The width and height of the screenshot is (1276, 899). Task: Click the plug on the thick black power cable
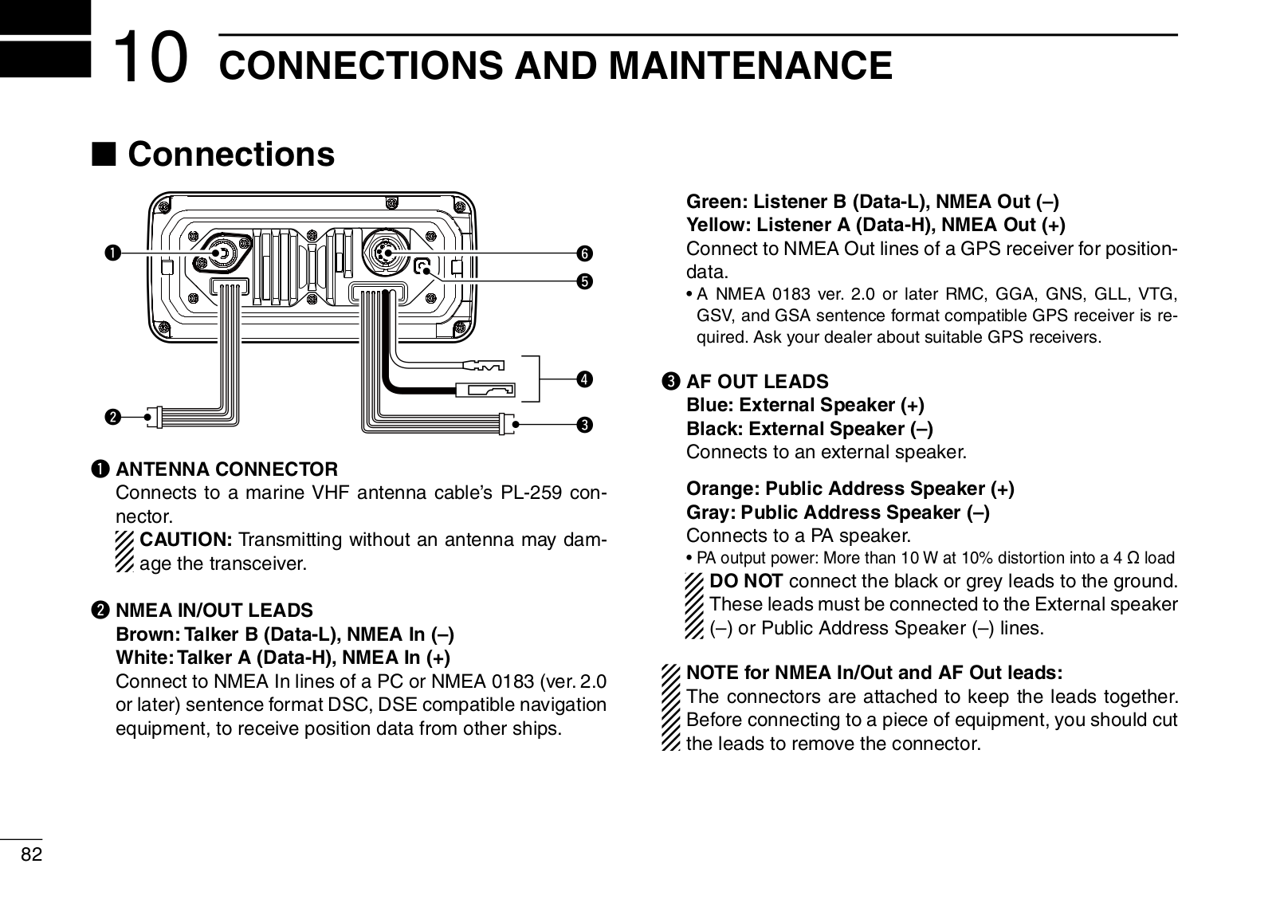point(485,391)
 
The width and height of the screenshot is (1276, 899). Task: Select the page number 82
point(31,854)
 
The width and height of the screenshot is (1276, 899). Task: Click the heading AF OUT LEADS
point(757,382)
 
